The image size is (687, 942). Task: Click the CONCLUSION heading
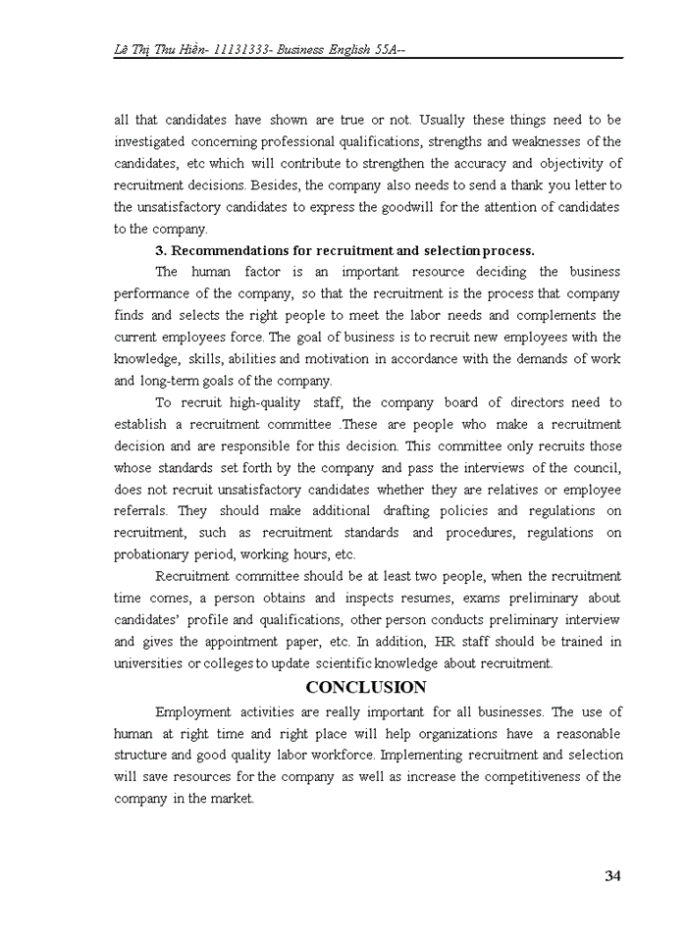366,687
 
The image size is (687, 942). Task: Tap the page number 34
612,876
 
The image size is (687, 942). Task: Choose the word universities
149,663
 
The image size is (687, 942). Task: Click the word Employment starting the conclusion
192,711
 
